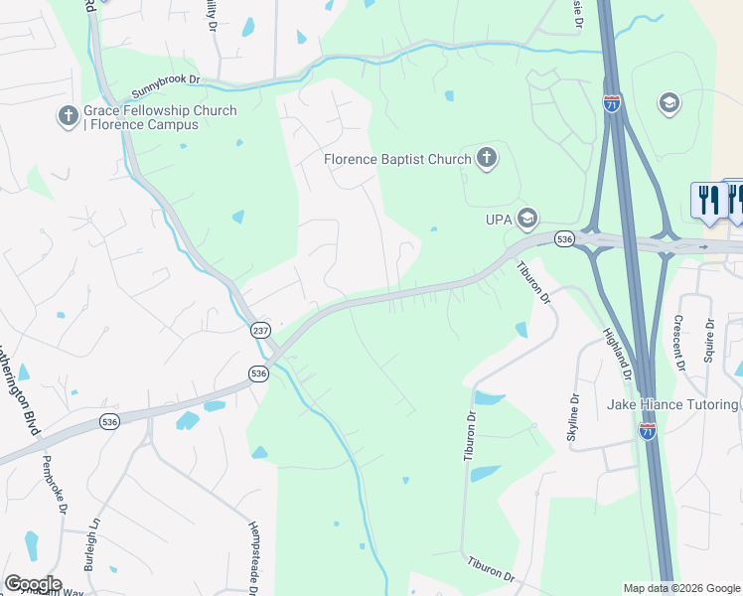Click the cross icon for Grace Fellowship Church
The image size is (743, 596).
pos(69,117)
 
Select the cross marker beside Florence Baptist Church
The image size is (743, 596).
pos(486,158)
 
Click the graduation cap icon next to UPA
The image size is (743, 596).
pos(526,218)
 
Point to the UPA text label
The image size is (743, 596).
pos(499,218)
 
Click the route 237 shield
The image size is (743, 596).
pos(260,331)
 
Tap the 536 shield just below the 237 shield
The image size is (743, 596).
pos(258,372)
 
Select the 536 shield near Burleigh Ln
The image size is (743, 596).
pos(109,422)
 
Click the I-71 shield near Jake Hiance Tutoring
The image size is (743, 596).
pos(648,430)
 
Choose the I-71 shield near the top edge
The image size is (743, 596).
pos(612,102)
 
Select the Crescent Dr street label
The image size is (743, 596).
pos(679,343)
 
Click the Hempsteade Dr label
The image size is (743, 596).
pos(254,557)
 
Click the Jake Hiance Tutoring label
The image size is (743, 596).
pos(672,405)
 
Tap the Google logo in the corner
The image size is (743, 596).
pos(33,583)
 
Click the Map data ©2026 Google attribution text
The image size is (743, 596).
pos(680,588)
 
